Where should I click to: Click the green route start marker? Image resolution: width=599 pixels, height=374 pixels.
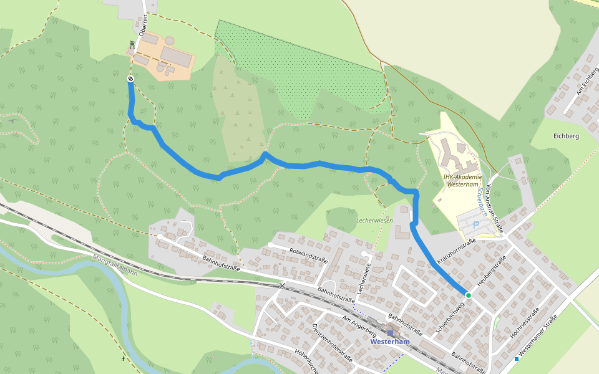point(468,295)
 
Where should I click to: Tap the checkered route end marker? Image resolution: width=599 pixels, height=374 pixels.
point(130,79)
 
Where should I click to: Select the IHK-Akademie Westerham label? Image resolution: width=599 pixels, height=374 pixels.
point(463,180)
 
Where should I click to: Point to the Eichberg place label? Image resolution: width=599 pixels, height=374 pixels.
point(566,135)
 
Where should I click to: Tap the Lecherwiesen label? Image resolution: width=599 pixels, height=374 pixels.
point(374,221)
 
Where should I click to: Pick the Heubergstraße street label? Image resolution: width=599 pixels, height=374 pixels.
point(490,271)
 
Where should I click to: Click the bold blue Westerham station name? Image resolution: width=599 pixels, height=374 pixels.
point(390,342)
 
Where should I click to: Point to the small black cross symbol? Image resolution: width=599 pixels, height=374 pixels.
point(123,358)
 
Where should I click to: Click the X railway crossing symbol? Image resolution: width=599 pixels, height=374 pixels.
point(283,285)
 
